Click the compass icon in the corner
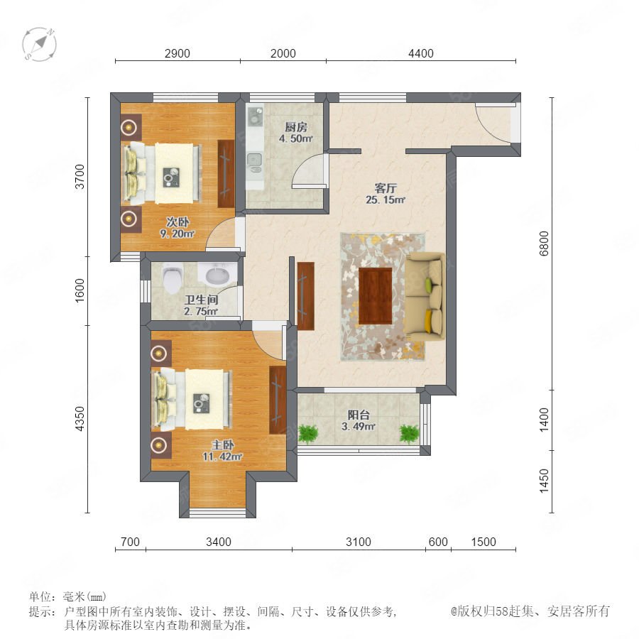click(39, 45)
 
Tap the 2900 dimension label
click(177, 53)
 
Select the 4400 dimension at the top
click(421, 53)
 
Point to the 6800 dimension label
click(544, 244)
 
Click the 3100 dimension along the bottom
click(359, 542)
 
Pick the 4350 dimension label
click(80, 418)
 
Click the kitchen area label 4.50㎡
click(296, 138)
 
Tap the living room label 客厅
click(386, 188)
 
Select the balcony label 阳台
click(359, 415)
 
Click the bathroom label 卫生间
click(202, 300)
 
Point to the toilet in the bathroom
click(171, 278)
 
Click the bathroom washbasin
click(218, 275)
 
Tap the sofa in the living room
click(425, 296)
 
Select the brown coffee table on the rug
click(376, 296)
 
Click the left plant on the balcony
click(308, 434)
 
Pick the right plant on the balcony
click(409, 434)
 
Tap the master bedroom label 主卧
click(222, 444)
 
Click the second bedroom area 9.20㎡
click(177, 234)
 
